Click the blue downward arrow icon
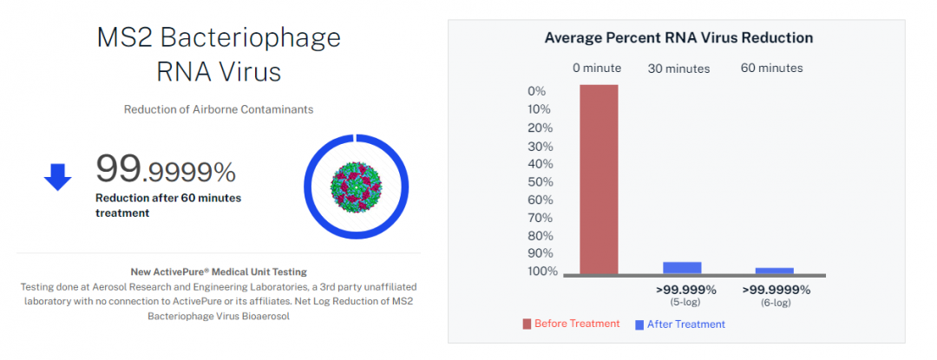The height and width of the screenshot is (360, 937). coord(57,176)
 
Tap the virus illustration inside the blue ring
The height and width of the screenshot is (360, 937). coord(355,186)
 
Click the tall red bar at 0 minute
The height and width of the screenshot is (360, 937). coord(599,179)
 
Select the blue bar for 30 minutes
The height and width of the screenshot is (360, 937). coord(682,268)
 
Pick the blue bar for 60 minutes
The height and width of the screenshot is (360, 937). coord(774,271)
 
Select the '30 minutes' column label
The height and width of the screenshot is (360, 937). coord(678,69)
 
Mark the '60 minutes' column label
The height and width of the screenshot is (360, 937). coord(771,68)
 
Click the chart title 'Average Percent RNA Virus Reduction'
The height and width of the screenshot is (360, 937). coord(678,37)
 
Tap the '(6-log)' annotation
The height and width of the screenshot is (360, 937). coord(776,303)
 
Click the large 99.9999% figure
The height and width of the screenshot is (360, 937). coord(165,169)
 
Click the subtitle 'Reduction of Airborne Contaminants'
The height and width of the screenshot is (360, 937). coord(218,109)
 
